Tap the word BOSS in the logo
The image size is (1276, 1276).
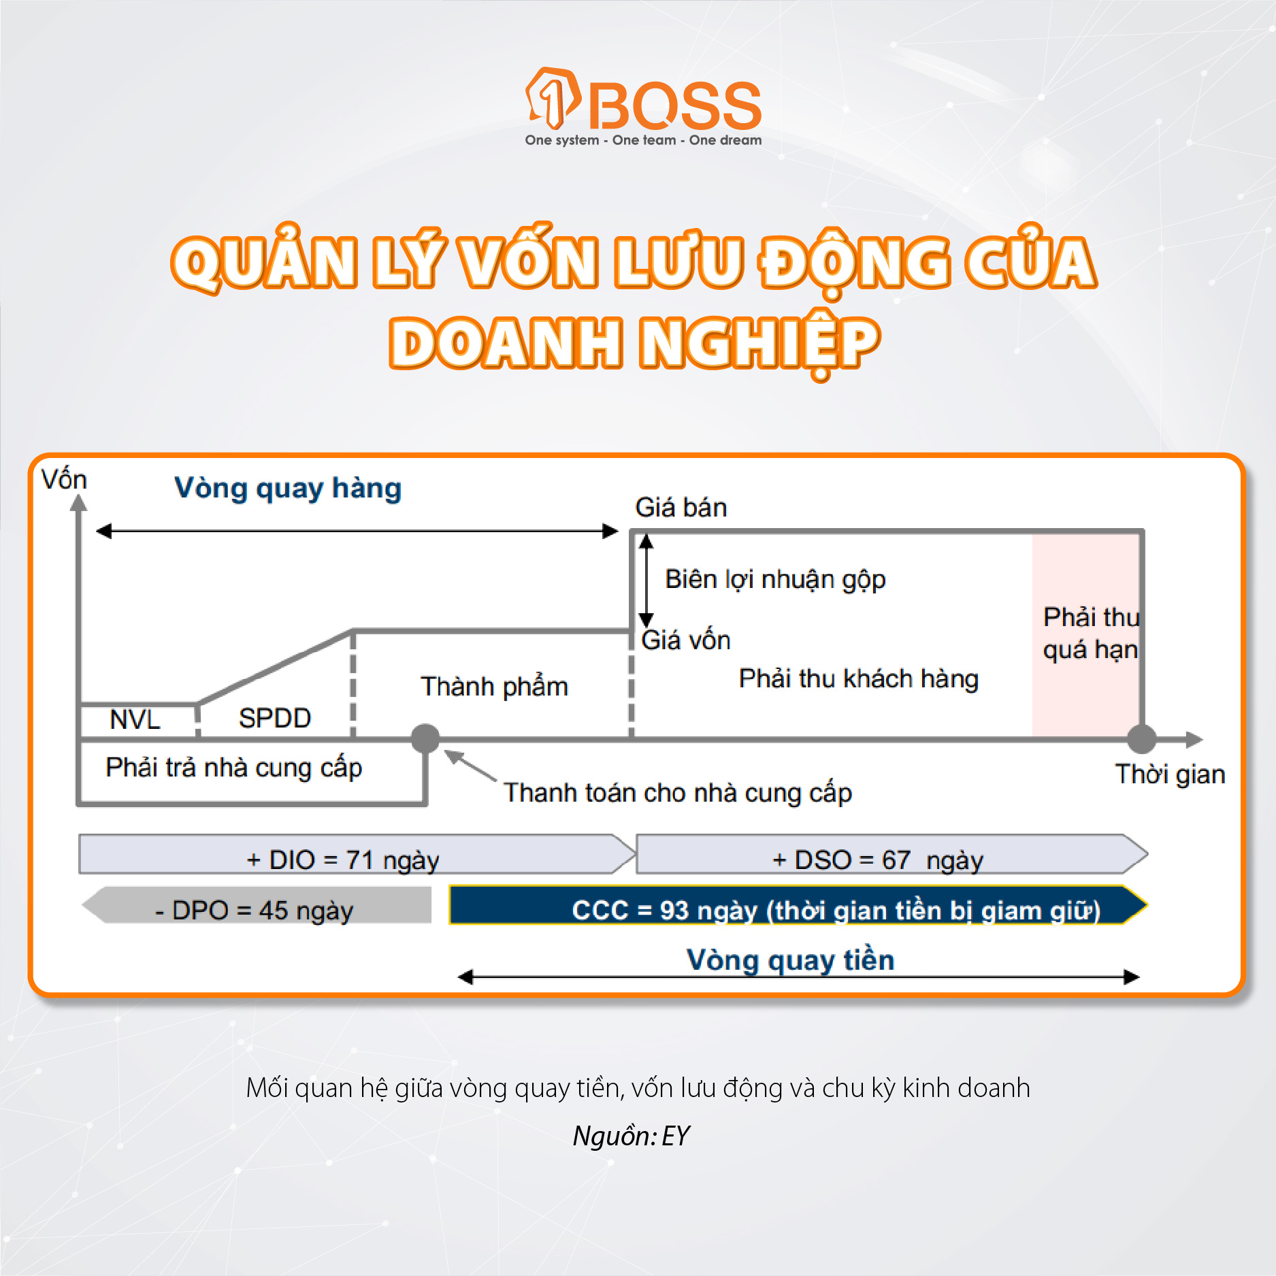point(674,106)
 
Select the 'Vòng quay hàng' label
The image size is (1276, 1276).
point(288,489)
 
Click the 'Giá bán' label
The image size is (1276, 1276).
point(681,508)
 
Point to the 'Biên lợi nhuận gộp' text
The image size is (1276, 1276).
point(775,579)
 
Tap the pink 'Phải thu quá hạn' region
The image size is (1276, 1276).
point(1085,634)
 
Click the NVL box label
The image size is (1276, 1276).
point(135,719)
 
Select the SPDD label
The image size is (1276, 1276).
point(275,719)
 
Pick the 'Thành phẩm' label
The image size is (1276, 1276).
point(494,687)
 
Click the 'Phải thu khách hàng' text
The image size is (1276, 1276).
point(859,678)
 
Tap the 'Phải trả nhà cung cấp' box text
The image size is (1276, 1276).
point(234,768)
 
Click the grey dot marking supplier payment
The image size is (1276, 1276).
point(426,738)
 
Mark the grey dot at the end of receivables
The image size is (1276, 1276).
point(1142,738)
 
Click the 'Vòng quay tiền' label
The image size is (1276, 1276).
point(790,960)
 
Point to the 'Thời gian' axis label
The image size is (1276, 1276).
point(1170,774)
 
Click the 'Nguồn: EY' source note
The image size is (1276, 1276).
point(631,1136)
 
